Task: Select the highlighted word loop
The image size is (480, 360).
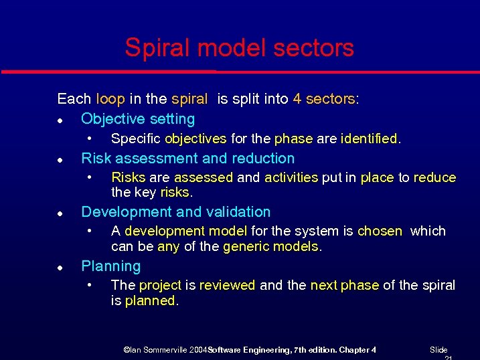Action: (110, 99)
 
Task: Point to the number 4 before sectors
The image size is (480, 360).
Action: (297, 99)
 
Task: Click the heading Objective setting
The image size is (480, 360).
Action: (138, 119)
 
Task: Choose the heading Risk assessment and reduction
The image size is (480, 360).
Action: (187, 159)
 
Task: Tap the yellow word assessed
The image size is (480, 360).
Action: (204, 177)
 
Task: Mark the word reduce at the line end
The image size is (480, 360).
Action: (434, 177)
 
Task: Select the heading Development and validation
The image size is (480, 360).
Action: (175, 212)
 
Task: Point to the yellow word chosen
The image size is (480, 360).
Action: (380, 231)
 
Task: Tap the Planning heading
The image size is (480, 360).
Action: (110, 266)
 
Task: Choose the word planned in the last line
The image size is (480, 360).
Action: (151, 300)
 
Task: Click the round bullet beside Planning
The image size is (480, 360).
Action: (60, 267)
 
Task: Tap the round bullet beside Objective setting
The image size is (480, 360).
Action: (60, 120)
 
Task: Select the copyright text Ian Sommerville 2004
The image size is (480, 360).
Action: (166, 350)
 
